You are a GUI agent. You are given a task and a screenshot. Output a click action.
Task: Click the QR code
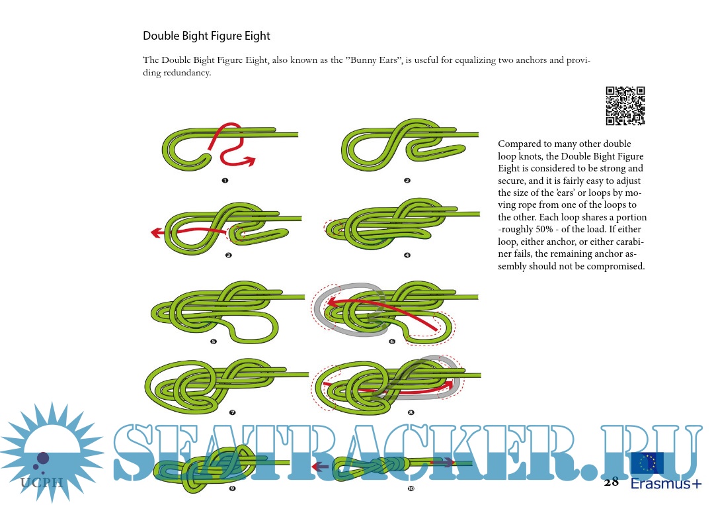pyautogui.click(x=625, y=106)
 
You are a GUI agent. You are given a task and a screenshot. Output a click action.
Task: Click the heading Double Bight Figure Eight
pyautogui.click(x=206, y=36)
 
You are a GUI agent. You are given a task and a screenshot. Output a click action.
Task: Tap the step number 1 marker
pyautogui.click(x=225, y=181)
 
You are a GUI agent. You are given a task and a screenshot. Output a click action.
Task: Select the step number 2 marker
pyautogui.click(x=407, y=181)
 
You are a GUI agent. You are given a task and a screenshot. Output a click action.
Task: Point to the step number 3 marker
pyautogui.click(x=229, y=255)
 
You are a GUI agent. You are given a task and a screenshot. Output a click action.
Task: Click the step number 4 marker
pyautogui.click(x=407, y=255)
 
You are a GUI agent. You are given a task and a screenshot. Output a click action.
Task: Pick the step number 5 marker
pyautogui.click(x=214, y=342)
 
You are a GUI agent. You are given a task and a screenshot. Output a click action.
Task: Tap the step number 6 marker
pyautogui.click(x=392, y=342)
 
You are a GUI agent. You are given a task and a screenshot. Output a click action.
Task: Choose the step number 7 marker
pyautogui.click(x=232, y=412)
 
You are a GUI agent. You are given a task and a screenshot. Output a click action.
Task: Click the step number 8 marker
pyautogui.click(x=411, y=412)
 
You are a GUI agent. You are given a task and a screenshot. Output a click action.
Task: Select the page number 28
pyautogui.click(x=611, y=482)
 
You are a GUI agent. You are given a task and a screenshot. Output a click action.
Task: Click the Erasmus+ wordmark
pyautogui.click(x=666, y=483)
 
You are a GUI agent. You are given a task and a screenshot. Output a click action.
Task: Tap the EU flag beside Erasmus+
pyautogui.click(x=647, y=463)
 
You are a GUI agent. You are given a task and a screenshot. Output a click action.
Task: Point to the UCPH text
pyautogui.click(x=42, y=482)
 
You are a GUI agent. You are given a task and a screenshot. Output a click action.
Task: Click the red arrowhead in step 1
pyautogui.click(x=250, y=160)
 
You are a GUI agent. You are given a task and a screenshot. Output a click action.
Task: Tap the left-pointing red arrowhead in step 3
pyautogui.click(x=156, y=233)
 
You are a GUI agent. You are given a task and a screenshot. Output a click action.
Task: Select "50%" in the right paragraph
pyautogui.click(x=544, y=229)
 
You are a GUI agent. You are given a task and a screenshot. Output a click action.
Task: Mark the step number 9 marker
pyautogui.click(x=232, y=488)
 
